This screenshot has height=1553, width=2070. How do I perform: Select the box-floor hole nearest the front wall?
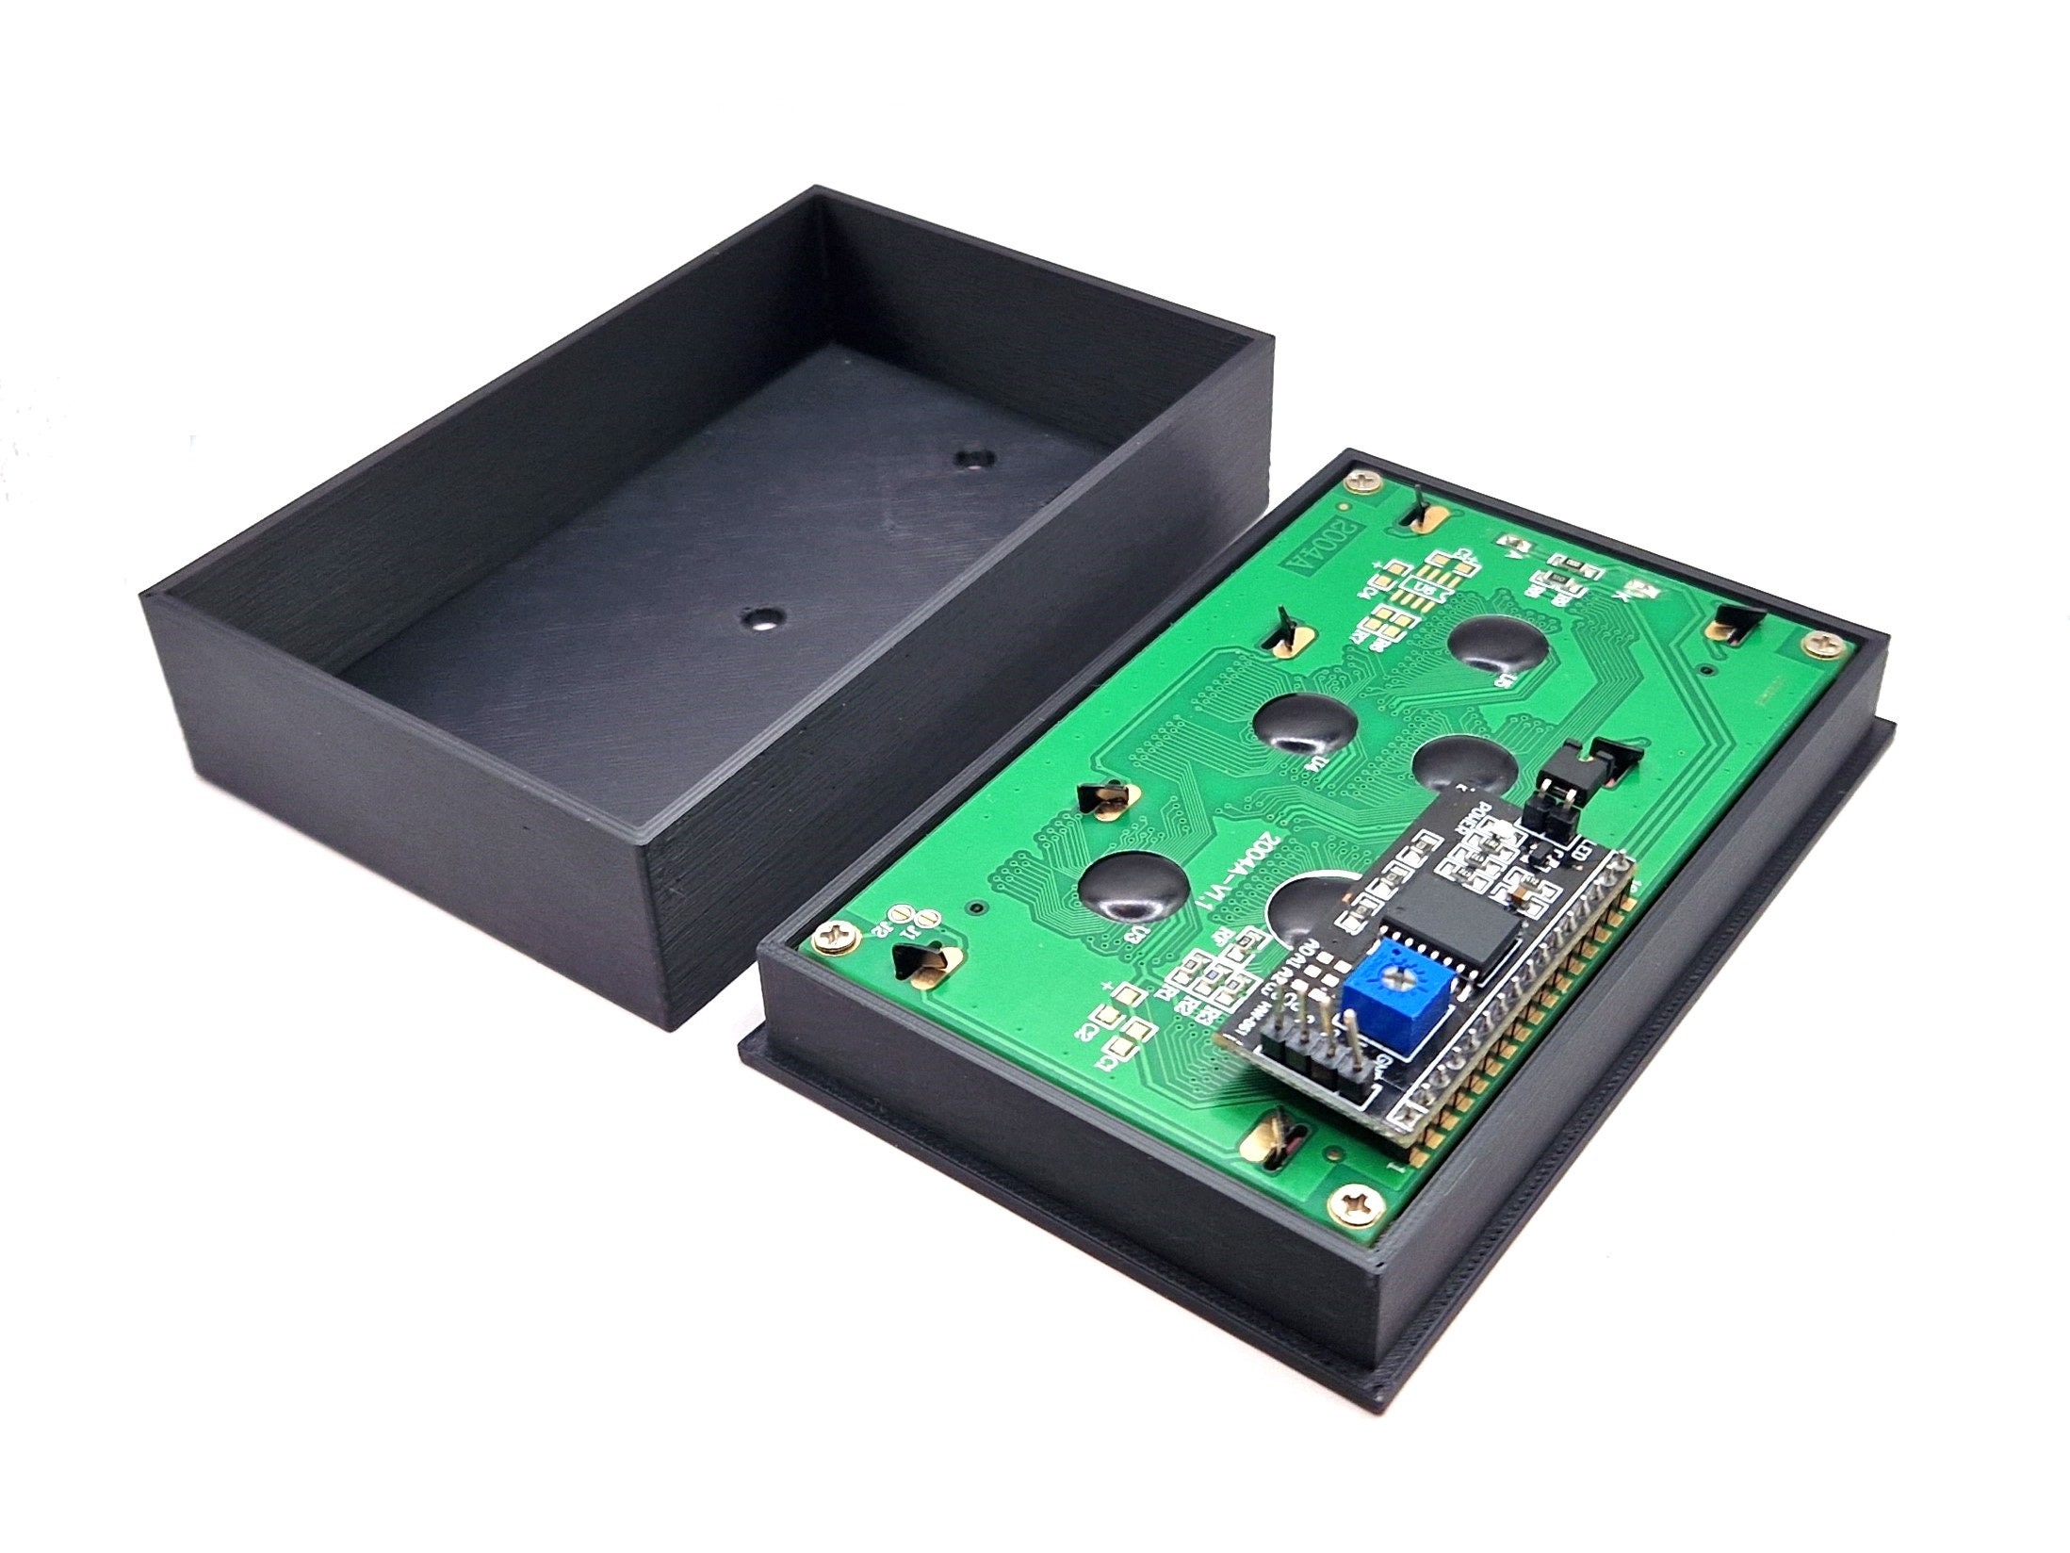(x=761, y=618)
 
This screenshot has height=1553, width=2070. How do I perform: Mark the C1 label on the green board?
(x=1107, y=1058)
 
